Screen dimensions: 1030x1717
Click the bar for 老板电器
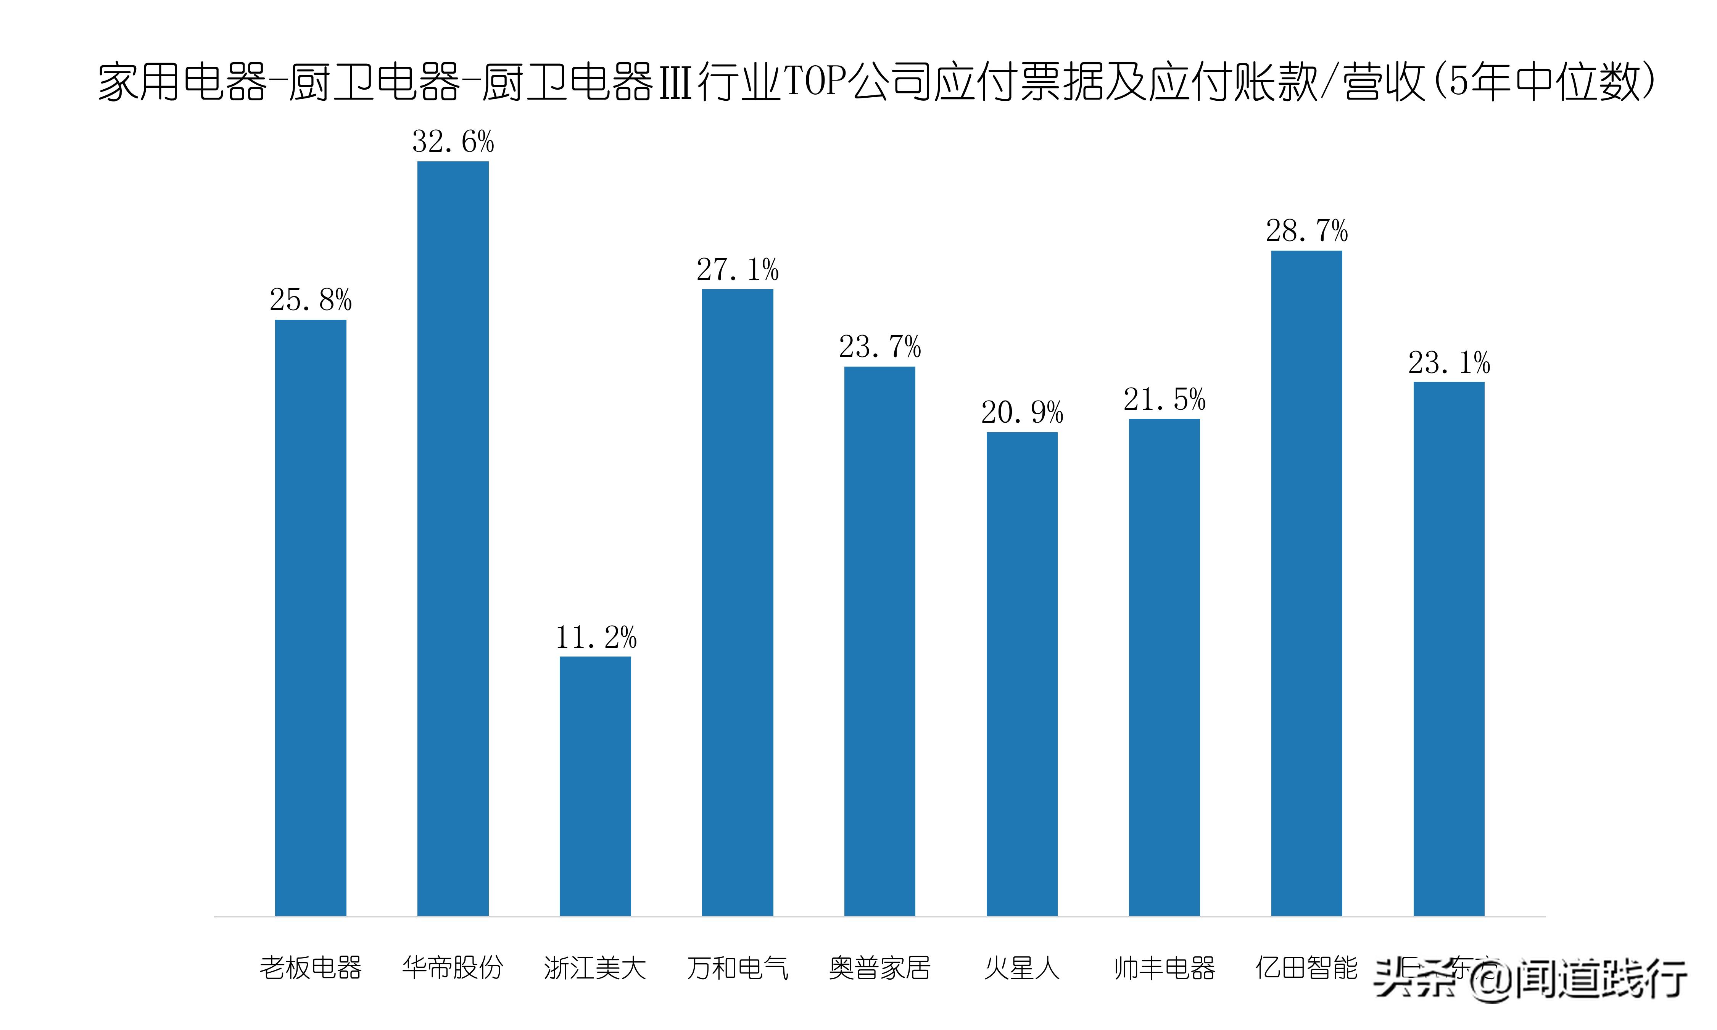[310, 618]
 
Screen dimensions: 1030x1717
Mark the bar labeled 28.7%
[1306, 583]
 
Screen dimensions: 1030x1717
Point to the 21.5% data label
[1164, 400]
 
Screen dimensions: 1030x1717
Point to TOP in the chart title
[815, 82]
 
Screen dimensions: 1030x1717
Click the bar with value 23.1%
[1448, 649]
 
